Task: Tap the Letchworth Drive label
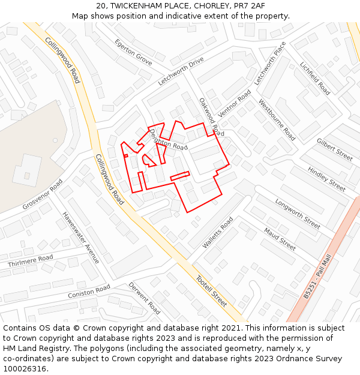point(181,71)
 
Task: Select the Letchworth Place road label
point(270,64)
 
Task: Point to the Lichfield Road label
point(315,79)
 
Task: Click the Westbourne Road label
point(277,120)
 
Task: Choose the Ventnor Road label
point(235,104)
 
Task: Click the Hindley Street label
point(326,179)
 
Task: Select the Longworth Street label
point(298,214)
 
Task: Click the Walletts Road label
point(217,233)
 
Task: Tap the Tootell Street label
point(211,291)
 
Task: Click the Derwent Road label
point(145,298)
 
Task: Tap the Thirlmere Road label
point(31,261)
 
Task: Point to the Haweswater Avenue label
point(80,238)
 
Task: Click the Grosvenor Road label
point(43,194)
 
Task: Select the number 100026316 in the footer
point(25,368)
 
